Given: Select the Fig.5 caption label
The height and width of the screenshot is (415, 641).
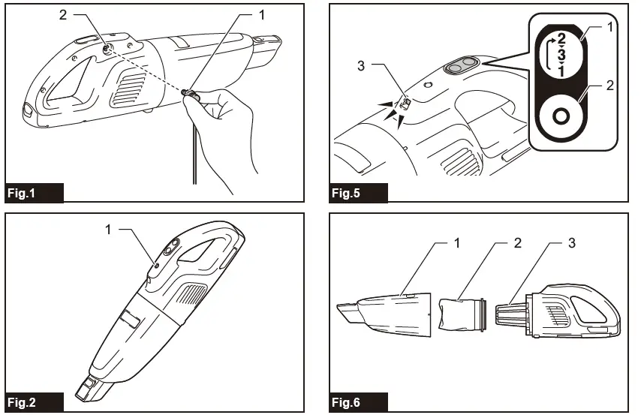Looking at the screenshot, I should tap(346, 193).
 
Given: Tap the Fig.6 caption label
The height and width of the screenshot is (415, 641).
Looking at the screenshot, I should tap(346, 402).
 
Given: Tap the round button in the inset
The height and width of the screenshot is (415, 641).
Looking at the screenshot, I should tap(557, 117).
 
